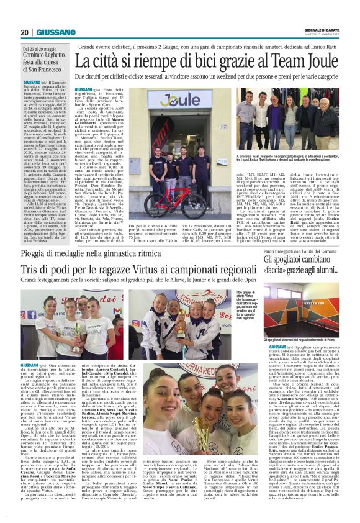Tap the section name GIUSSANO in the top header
(x=56, y=32)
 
